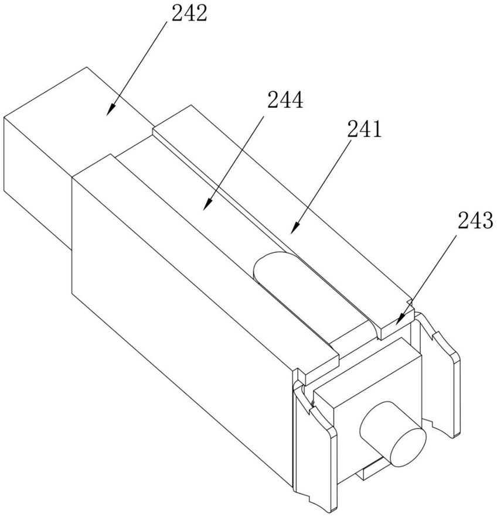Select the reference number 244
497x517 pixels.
[285, 101]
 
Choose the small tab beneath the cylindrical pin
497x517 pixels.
[366, 471]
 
